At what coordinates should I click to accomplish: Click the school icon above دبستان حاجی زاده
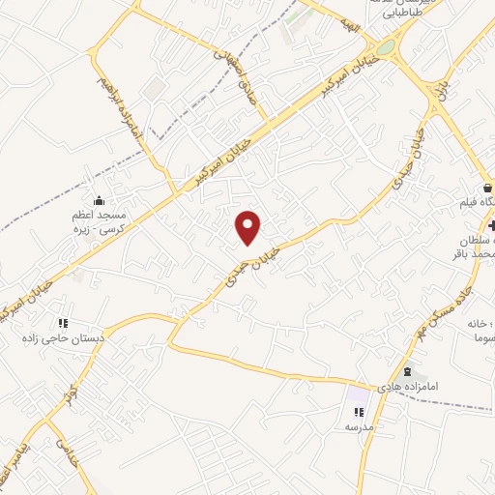tap(64, 323)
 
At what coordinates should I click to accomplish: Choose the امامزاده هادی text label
tap(431, 387)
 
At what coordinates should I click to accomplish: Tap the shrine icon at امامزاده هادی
tap(406, 372)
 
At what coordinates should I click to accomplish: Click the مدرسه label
tap(359, 426)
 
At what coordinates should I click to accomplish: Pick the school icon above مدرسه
tap(359, 412)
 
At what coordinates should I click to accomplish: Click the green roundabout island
tap(385, 47)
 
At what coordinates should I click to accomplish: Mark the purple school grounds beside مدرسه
tap(359, 396)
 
